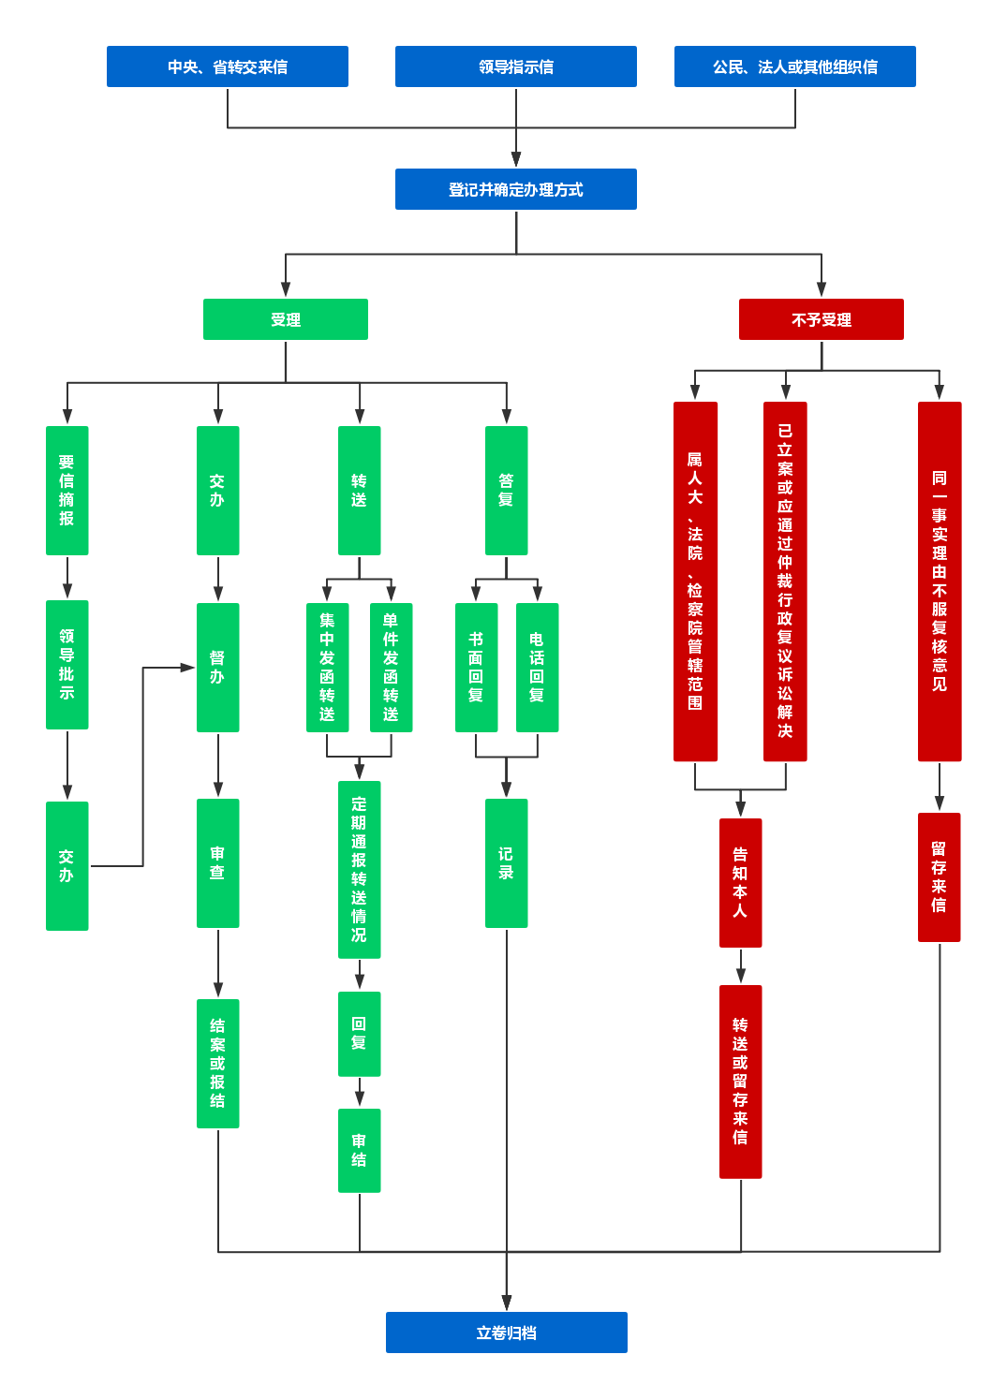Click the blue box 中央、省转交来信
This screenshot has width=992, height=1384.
228,66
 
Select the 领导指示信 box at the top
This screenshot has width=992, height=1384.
516,66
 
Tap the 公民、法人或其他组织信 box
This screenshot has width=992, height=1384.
795,66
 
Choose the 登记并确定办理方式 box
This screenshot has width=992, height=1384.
516,189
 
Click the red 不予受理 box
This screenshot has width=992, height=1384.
822,319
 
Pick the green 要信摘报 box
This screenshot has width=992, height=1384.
67,491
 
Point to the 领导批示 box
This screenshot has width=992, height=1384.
67,665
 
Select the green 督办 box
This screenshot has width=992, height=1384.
218,668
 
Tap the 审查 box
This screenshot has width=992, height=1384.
218,863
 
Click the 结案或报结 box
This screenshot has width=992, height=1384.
218,1064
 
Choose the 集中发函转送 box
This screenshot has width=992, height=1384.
328,668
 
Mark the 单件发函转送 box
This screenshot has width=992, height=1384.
392,668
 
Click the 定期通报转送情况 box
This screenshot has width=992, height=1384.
360,870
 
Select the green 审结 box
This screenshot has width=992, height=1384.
360,1151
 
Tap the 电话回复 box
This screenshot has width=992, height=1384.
538,668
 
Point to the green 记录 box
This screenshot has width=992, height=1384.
507,863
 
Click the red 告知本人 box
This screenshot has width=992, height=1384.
741,883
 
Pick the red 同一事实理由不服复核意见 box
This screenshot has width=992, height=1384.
940,582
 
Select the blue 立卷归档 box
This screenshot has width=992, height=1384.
507,1332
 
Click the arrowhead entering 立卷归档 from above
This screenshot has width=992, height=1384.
507,1303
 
